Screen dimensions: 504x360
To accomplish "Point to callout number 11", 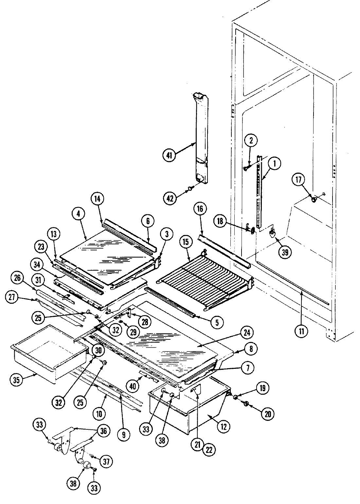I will coord(301,331).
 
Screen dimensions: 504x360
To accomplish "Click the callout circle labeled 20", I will coord(267,414).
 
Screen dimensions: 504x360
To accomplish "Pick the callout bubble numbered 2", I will coord(251,141).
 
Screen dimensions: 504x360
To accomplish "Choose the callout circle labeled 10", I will coord(99,413).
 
